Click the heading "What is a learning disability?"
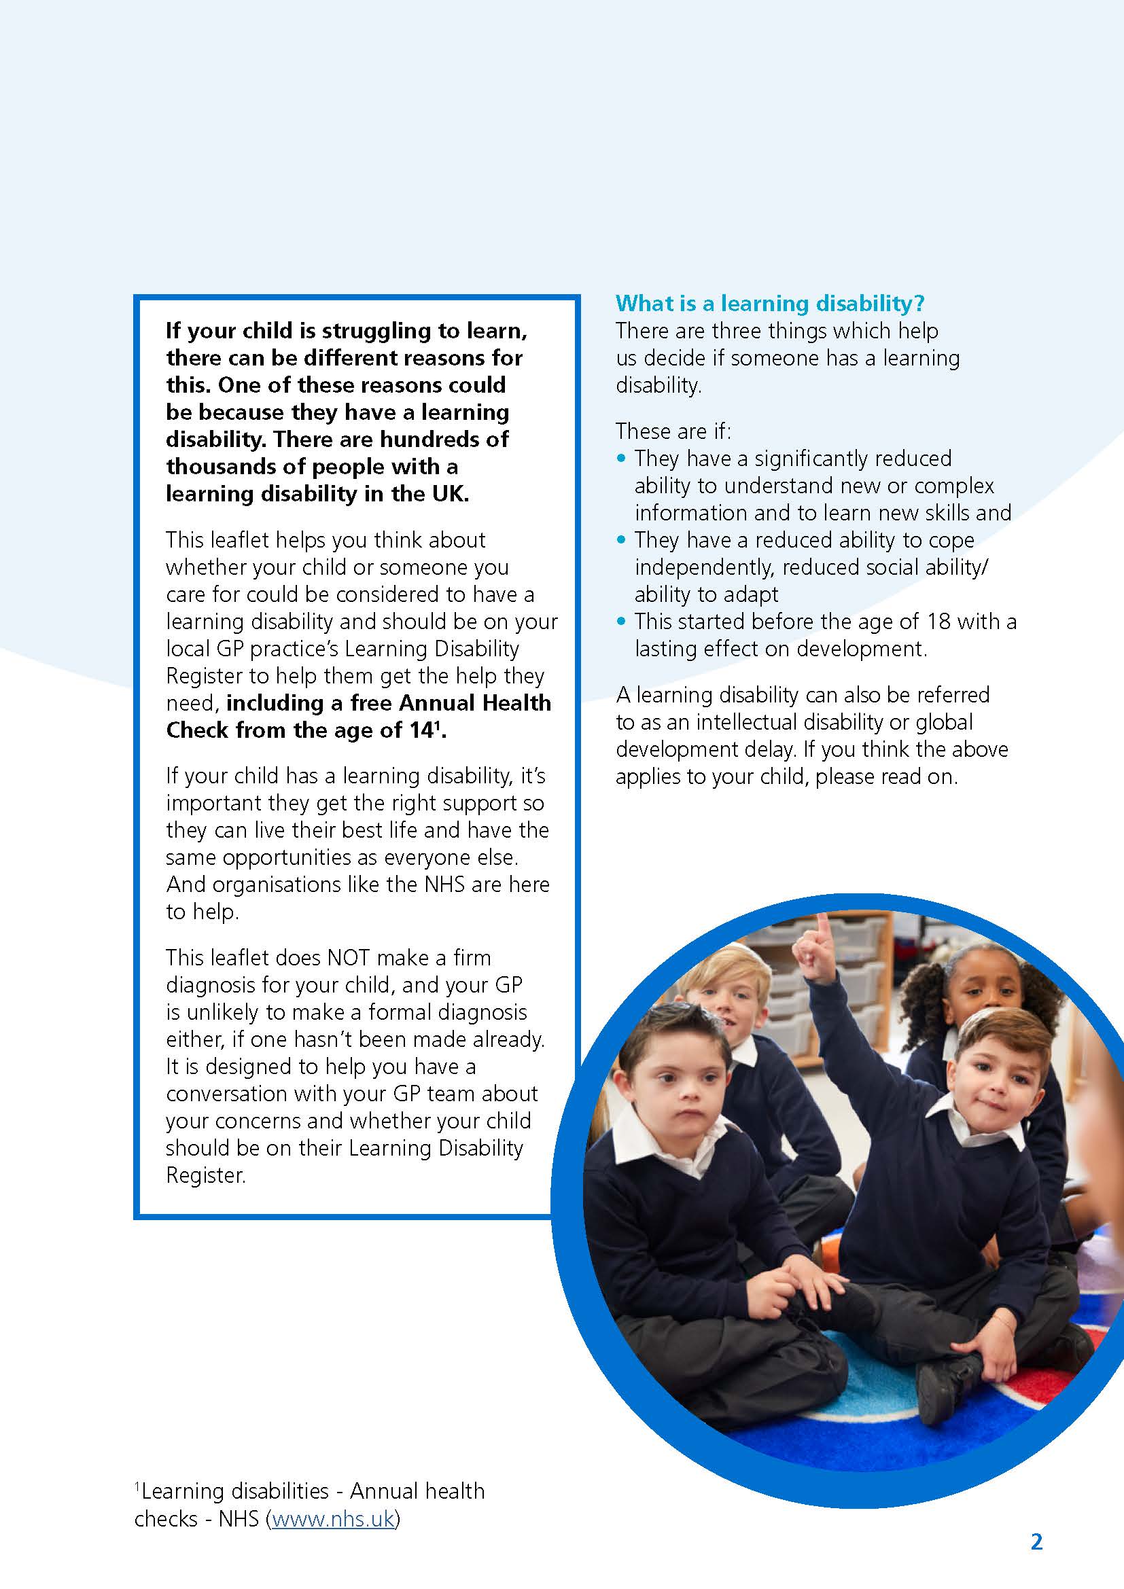(770, 303)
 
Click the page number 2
(1036, 1541)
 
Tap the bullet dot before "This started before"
(621, 621)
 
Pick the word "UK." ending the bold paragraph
(447, 493)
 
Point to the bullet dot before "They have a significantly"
(621, 458)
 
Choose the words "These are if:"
(673, 431)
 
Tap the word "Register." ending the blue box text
(205, 1175)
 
